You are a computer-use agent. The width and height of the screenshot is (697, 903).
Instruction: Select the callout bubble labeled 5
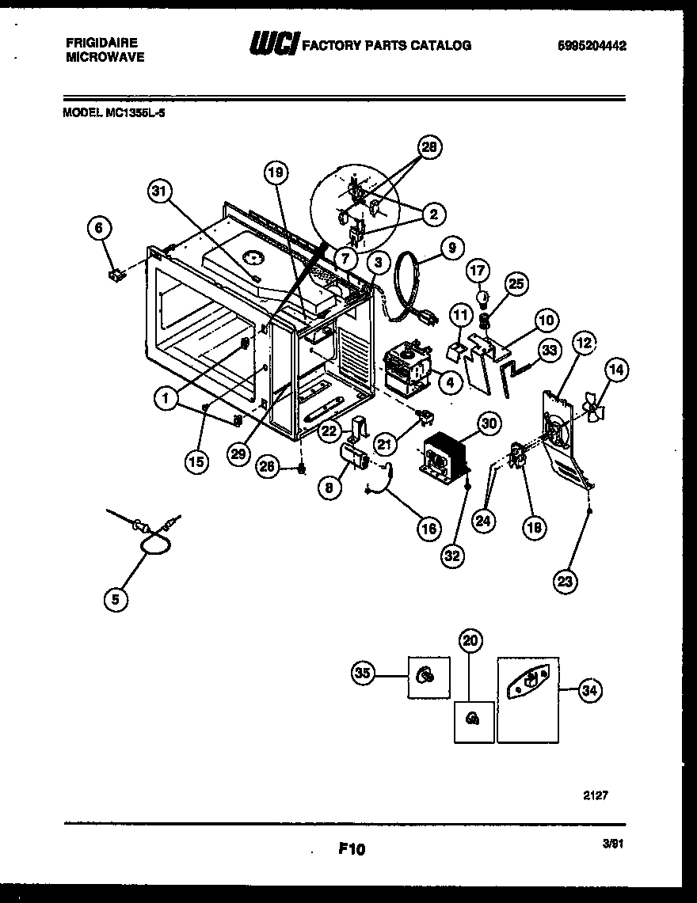coord(116,601)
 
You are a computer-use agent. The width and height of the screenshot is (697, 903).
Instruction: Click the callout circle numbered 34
coord(588,691)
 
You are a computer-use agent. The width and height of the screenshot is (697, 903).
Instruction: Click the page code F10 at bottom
coord(351,849)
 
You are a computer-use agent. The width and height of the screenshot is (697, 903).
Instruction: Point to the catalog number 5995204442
coord(593,47)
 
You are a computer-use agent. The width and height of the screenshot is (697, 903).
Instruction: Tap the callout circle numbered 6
coord(99,229)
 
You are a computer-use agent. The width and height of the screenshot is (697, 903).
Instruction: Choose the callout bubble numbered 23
coord(566,582)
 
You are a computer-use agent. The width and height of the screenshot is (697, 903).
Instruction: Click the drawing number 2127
coord(596,795)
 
